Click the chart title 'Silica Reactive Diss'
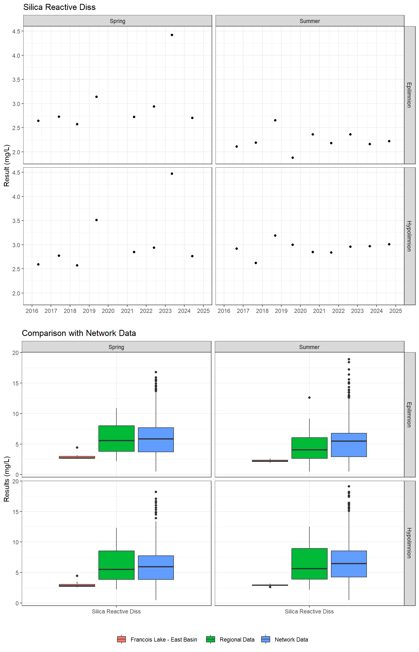59,7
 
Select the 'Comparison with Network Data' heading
79,333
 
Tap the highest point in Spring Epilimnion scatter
172,35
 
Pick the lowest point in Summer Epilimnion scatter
292,158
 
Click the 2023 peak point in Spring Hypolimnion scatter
172,174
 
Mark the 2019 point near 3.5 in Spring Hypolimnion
97,220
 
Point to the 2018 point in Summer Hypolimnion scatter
275,235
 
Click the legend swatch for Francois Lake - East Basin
121,639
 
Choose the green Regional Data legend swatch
210,639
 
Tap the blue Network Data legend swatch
266,639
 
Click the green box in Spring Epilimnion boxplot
116,438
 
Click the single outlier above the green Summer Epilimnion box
309,398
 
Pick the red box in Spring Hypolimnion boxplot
77,585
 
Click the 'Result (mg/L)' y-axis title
7,165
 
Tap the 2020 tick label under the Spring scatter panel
108,311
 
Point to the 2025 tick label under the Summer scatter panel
396,311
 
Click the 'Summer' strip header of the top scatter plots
310,21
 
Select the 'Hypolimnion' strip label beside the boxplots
409,543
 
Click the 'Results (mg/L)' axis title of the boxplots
7,479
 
